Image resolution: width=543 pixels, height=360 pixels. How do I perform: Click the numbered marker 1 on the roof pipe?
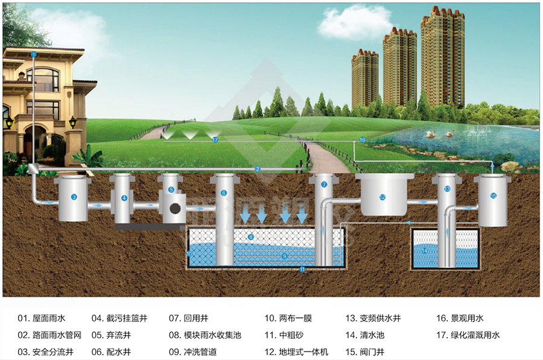coord(34,54)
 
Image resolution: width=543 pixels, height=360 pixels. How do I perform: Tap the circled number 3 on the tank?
coord(74,197)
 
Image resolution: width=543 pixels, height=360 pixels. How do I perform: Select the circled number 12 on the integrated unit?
coord(383,197)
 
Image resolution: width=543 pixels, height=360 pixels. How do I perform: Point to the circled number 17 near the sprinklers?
coord(215,140)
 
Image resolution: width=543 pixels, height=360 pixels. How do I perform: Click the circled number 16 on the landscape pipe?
coord(362,140)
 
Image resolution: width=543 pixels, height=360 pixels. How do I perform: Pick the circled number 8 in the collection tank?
coord(251,237)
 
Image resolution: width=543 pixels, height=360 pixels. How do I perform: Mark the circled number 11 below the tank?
coord(302,270)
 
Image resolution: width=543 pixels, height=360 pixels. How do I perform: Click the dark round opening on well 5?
coord(175,209)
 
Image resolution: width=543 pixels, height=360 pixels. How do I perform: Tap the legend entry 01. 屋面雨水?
coord(42,318)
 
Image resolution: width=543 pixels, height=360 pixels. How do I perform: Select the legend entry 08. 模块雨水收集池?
coord(205,335)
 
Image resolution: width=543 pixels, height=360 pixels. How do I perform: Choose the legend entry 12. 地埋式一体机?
coord(296,352)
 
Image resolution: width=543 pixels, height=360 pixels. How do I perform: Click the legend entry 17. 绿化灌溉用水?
coord(468,335)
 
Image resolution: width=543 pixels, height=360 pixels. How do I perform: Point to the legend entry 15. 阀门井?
coord(365,352)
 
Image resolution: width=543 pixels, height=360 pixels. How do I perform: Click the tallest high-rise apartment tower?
coord(443,57)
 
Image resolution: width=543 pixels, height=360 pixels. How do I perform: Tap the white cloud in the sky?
coord(355,22)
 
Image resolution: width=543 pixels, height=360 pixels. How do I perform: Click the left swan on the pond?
coord(431,134)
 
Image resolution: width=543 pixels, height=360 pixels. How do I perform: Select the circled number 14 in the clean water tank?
coord(425,251)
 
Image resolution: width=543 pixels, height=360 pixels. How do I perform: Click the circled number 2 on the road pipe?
coord(257,169)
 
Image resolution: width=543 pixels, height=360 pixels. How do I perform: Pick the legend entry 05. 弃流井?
coord(111,335)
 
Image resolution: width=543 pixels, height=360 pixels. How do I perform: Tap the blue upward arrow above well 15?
coord(492,168)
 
